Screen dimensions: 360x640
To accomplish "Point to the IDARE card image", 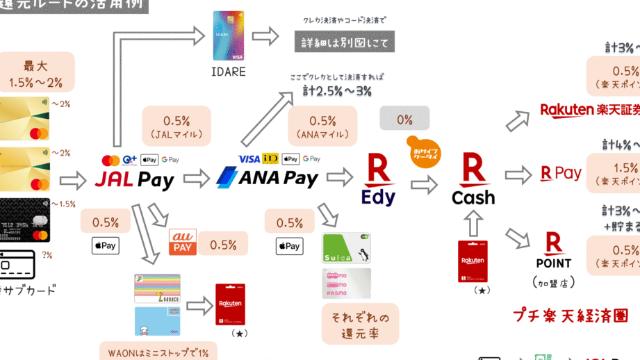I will tap(229, 36).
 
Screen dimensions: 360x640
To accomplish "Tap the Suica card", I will tap(347, 247).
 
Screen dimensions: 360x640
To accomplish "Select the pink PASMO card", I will tap(347, 283).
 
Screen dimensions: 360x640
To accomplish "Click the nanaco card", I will tap(156, 288).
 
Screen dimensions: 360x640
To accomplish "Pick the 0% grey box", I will tap(404, 119).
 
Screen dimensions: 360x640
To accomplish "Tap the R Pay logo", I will tap(560, 173).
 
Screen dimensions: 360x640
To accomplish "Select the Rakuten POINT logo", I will tap(554, 251).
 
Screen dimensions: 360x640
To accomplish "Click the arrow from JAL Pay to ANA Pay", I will tap(197, 179).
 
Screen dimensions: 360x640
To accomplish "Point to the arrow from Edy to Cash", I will tap(425, 184).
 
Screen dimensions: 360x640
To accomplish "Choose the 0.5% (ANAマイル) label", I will tap(322, 126).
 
